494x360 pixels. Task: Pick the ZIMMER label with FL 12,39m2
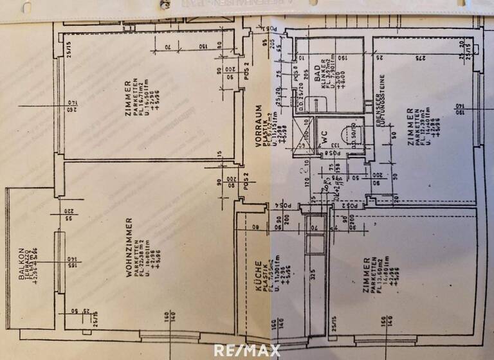point(410,128)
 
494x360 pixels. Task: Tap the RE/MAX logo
point(247,350)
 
